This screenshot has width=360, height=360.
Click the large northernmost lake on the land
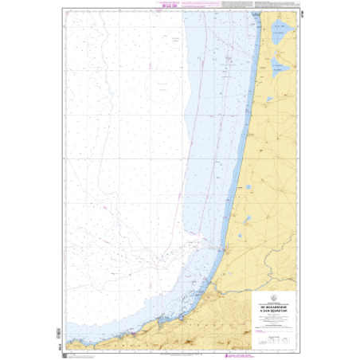[x=278, y=34]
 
